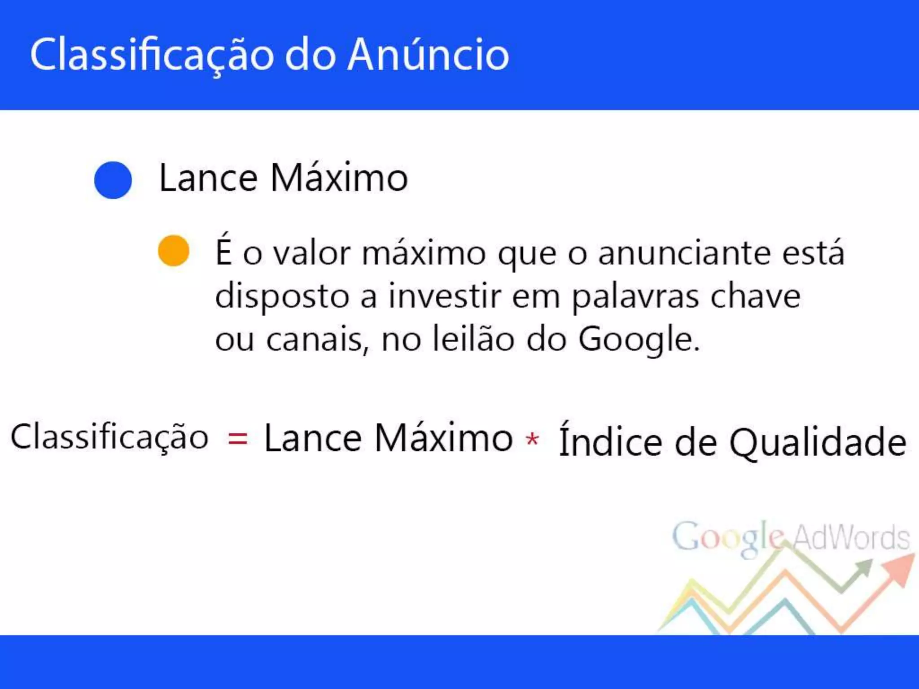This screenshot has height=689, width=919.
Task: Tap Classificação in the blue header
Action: (x=152, y=55)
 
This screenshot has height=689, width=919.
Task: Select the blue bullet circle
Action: (x=113, y=180)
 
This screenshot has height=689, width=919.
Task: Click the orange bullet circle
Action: (x=174, y=251)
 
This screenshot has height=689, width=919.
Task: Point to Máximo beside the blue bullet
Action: (x=339, y=178)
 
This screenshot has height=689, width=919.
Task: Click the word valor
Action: (x=312, y=253)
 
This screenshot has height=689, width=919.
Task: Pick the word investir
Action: (x=444, y=297)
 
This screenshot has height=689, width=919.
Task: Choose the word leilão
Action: (x=473, y=340)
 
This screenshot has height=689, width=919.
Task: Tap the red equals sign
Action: (x=237, y=439)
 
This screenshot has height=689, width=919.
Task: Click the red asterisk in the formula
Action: (x=532, y=439)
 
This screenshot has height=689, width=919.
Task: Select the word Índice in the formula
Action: (x=610, y=441)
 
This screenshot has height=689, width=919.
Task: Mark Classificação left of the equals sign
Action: (x=109, y=437)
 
